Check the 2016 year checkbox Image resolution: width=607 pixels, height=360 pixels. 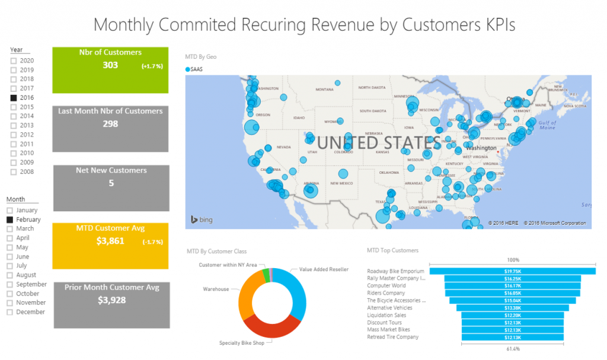click(14, 97)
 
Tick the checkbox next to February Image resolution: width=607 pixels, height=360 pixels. click(9, 219)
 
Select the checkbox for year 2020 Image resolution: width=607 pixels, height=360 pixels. click(14, 60)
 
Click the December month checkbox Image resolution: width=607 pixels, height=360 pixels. click(9, 312)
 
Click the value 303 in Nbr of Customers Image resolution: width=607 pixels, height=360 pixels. click(110, 65)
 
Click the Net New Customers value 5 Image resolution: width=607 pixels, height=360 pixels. click(111, 183)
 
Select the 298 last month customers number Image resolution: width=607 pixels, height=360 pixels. click(110, 124)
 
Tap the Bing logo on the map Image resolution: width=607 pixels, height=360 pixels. click(202, 220)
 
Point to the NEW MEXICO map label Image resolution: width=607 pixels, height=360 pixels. click(343, 183)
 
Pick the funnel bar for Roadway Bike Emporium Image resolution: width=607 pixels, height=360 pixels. click(512, 271)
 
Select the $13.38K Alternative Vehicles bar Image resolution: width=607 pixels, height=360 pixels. click(512, 308)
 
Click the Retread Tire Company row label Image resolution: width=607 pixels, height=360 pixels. click(392, 337)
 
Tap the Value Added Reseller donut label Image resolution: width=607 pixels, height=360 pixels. click(323, 269)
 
